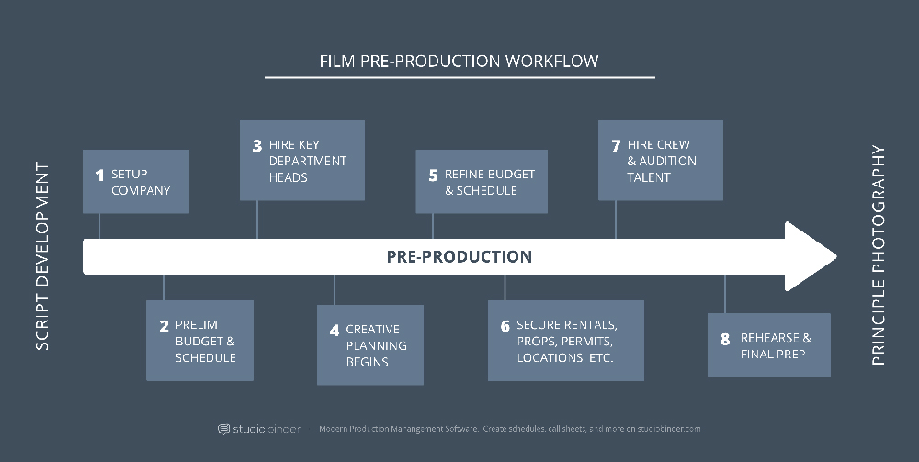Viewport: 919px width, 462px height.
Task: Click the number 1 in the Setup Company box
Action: point(99,175)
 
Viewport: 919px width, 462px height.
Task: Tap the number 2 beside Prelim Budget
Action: point(165,325)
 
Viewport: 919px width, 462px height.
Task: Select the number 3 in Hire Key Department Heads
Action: point(256,145)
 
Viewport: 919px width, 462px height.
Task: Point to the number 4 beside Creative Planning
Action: point(335,331)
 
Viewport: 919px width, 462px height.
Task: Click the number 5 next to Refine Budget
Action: point(433,175)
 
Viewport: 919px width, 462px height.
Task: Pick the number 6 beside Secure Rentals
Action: point(505,326)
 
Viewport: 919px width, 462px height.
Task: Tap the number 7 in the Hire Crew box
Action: point(616,145)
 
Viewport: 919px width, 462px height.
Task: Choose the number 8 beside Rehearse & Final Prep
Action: point(725,339)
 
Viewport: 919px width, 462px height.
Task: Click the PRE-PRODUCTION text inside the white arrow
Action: point(459,256)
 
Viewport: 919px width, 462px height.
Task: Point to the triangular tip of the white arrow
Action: point(835,256)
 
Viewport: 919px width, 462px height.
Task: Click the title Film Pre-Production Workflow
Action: point(459,61)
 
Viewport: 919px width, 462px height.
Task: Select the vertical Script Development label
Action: point(42,256)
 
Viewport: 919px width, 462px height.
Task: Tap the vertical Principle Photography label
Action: point(878,255)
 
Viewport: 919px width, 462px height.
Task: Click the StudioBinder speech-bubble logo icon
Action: point(223,430)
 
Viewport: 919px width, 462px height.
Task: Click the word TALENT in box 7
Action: point(648,177)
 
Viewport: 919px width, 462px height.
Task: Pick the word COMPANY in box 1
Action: point(141,191)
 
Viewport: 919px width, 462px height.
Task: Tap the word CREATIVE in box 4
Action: point(373,330)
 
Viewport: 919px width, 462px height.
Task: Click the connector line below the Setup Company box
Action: point(99,226)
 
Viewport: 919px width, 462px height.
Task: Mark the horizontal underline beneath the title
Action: point(459,77)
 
